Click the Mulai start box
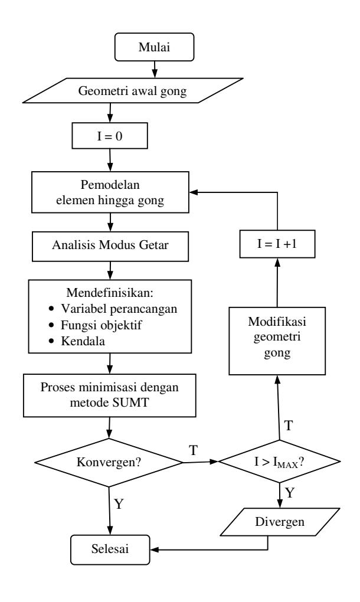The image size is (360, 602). (x=154, y=47)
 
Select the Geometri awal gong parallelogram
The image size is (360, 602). (x=132, y=91)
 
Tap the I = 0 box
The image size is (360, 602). (x=110, y=136)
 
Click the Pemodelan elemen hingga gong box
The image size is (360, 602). (x=110, y=192)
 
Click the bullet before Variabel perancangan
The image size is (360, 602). (x=52, y=309)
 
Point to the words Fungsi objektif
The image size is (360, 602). (x=102, y=325)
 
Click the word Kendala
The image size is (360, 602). (x=83, y=341)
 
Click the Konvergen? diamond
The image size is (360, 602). (x=109, y=462)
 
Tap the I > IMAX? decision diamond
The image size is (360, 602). (x=279, y=462)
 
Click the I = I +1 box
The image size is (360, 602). (x=277, y=244)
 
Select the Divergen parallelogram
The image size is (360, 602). (x=280, y=522)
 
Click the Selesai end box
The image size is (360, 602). (x=110, y=549)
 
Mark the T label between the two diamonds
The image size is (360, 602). (x=194, y=450)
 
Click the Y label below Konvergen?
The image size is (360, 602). (x=119, y=503)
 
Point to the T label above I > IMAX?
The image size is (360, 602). (x=288, y=426)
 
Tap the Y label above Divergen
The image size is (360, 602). (x=290, y=492)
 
